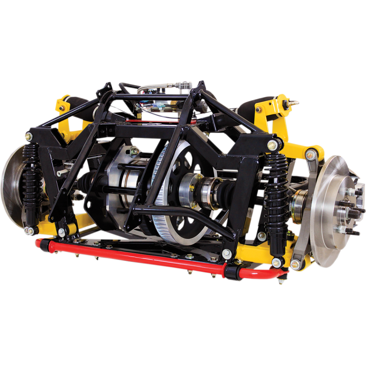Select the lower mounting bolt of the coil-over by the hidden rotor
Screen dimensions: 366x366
click(30, 229)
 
